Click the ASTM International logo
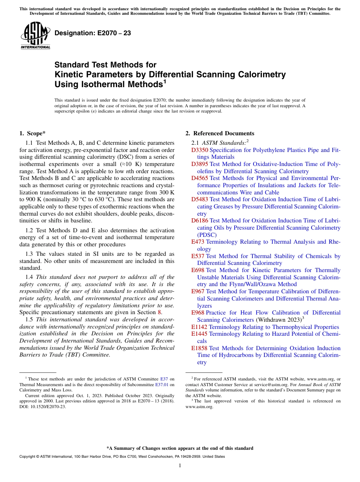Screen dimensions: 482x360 click(x=35, y=35)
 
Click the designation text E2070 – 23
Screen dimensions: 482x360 click(x=93, y=33)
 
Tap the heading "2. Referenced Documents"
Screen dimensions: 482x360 click(x=220, y=133)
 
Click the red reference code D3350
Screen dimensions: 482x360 click(x=200, y=150)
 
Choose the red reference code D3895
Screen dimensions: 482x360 click(x=200, y=164)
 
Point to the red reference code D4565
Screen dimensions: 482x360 click(x=200, y=178)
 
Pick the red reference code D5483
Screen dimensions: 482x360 click(x=200, y=199)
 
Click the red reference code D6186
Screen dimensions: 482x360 click(x=200, y=221)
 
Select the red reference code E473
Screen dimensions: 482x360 click(x=198, y=242)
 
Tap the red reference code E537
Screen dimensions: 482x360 click(x=198, y=256)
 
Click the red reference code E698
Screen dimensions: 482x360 click(x=198, y=270)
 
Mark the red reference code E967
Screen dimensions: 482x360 click(x=198, y=291)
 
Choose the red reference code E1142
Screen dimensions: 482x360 click(x=199, y=327)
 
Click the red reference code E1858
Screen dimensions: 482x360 click(x=199, y=348)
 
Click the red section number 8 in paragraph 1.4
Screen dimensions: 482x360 click(x=159, y=313)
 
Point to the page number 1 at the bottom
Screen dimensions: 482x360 click(x=180, y=466)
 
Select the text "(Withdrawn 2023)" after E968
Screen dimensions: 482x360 click(x=278, y=320)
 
